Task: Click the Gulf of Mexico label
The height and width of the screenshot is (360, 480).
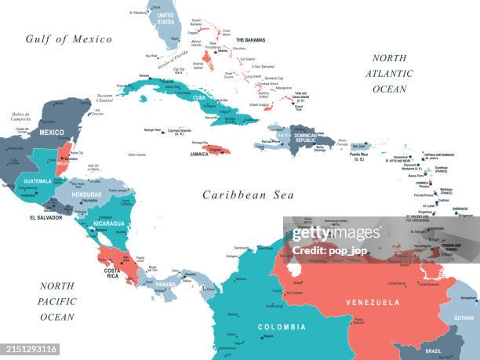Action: pos(68,39)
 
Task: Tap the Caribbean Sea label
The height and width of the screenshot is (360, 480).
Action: pos(243,195)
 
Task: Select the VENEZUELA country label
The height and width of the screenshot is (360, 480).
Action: pos(373,302)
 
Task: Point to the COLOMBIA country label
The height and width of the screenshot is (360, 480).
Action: pos(282,327)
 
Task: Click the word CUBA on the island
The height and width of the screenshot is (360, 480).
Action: pos(200,97)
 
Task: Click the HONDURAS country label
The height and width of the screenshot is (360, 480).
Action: pos(86,195)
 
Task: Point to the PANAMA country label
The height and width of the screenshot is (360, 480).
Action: pos(165,284)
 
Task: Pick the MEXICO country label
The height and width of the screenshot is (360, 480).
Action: pos(52,133)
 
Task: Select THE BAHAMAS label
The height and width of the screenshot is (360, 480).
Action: pos(251,40)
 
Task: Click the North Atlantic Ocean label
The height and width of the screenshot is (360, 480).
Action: pos(389,74)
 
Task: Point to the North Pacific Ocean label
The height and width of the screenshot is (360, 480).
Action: pos(57,301)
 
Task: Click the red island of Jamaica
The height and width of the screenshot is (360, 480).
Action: pos(216,148)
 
